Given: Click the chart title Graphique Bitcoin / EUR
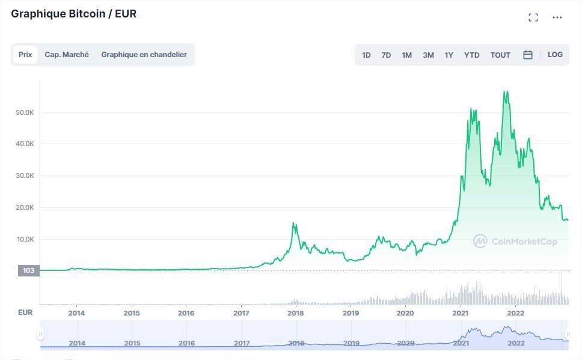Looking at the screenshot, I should click(74, 14).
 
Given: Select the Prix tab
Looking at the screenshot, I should click(25, 55).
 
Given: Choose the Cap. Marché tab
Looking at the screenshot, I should click(67, 55).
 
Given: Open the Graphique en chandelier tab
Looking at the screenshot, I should click(144, 55).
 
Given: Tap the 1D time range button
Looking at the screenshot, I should click(366, 55).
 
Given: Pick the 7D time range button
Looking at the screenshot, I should click(386, 55).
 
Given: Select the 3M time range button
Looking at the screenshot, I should click(428, 55).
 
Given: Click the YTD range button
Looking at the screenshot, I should click(471, 55).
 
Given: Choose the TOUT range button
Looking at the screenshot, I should click(500, 55).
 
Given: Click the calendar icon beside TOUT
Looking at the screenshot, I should click(528, 55).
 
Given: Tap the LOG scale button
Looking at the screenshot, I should click(555, 55).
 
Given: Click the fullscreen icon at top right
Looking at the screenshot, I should click(533, 17).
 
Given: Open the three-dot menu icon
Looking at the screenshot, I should click(557, 17).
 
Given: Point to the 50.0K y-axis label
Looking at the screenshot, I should click(25, 112).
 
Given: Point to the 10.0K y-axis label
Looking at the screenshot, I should click(25, 239).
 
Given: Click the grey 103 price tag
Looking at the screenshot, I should click(28, 270).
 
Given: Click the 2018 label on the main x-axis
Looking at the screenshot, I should click(296, 313).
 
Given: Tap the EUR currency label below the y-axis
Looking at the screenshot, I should click(25, 313).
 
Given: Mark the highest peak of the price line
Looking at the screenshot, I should click(505, 91).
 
